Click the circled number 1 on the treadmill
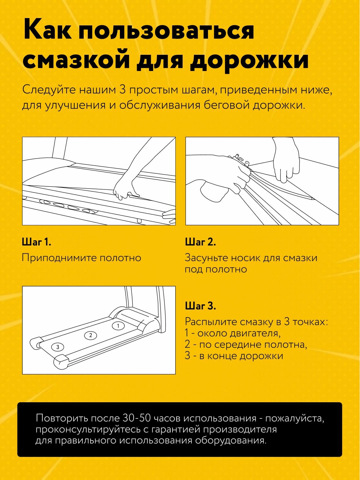click(118, 326)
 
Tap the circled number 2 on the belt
click(91, 336)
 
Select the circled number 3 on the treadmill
click(58, 347)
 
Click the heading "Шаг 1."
click(36, 242)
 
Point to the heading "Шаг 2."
click(200, 242)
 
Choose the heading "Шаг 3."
click(200, 306)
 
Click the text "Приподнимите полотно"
click(81, 258)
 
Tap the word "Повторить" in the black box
click(62, 418)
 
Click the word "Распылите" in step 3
click(210, 322)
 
